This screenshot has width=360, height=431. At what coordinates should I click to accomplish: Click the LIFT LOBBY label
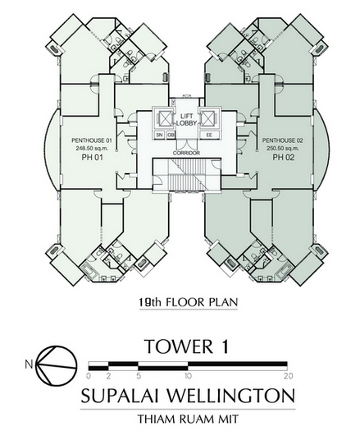tap(186, 120)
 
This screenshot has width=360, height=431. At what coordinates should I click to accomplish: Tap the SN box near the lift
tap(159, 135)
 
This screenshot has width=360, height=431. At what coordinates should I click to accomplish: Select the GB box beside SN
tap(171, 135)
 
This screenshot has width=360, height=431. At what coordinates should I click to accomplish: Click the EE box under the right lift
tap(210, 135)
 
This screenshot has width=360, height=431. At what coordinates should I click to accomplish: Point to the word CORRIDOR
tap(186, 153)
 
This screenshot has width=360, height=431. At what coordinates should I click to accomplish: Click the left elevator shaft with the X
tap(163, 119)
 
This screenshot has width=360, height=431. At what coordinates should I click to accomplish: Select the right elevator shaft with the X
tap(209, 119)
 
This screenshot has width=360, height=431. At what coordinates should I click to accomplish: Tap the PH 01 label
tap(93, 158)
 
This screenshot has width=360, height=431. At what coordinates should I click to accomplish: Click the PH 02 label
tap(284, 158)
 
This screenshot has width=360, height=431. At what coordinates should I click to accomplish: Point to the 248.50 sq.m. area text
tap(92, 149)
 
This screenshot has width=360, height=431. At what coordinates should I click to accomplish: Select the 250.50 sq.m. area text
tap(283, 149)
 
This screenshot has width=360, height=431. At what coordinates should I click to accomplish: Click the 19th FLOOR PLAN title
tap(188, 302)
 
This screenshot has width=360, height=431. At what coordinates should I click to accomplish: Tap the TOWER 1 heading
tap(187, 346)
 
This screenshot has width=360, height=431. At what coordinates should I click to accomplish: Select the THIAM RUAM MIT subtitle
tap(188, 420)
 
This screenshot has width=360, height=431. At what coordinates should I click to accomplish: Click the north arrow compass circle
tap(57, 365)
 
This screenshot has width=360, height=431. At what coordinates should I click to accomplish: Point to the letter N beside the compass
tap(29, 365)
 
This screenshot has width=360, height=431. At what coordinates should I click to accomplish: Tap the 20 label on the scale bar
tap(289, 376)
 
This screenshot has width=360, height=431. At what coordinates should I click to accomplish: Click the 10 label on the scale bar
tap(188, 376)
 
